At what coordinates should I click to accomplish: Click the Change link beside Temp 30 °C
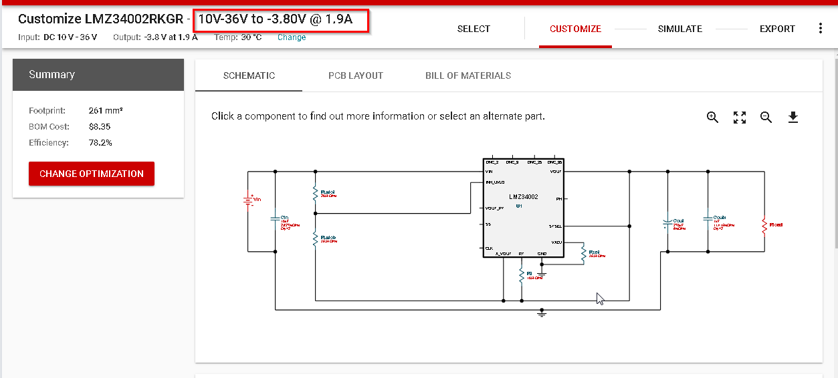[292, 37]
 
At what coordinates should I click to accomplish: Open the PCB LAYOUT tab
[356, 75]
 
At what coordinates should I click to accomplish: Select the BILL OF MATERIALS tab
[468, 75]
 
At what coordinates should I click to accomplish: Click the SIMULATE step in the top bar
[679, 29]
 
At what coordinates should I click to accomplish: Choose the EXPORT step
[777, 29]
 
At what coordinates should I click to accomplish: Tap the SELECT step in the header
[474, 29]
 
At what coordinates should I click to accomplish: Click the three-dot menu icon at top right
[821, 29]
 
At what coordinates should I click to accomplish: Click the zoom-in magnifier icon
[712, 118]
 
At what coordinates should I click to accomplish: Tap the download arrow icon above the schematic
[793, 118]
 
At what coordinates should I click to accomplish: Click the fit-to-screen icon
[739, 118]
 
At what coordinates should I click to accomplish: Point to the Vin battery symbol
[248, 200]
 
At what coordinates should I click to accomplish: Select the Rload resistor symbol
[764, 226]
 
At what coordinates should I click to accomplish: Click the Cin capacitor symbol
[276, 218]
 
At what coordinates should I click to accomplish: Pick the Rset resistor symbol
[584, 254]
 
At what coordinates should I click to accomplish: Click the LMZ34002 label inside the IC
[523, 197]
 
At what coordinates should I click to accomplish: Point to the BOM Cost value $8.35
[100, 127]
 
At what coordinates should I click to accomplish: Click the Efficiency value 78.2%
[100, 143]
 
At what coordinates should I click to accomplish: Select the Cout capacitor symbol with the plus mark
[667, 222]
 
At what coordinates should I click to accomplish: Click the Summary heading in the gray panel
[52, 75]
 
